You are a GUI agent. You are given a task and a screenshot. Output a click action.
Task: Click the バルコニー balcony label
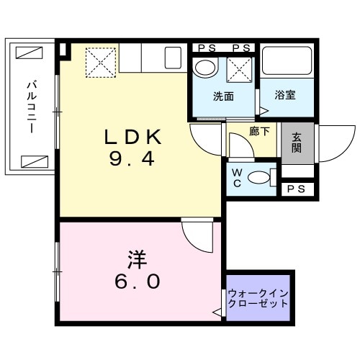coord(32,108)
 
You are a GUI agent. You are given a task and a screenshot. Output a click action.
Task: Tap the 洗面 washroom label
coord(222,95)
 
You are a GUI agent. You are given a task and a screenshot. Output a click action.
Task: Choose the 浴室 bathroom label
coord(287,95)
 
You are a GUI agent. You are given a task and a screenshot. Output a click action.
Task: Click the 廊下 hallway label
coord(259,132)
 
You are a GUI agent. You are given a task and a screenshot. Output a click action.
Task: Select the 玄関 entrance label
coord(297,143)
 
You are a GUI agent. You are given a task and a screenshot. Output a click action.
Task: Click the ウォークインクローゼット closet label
coord(258,298)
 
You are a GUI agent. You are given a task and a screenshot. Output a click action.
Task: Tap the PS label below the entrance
coord(296,189)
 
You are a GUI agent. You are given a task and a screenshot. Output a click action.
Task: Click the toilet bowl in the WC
coord(262,176)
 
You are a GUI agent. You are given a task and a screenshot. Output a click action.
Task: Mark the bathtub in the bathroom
coord(287,63)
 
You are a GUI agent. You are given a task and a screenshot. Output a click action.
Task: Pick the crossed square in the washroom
coord(239,69)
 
